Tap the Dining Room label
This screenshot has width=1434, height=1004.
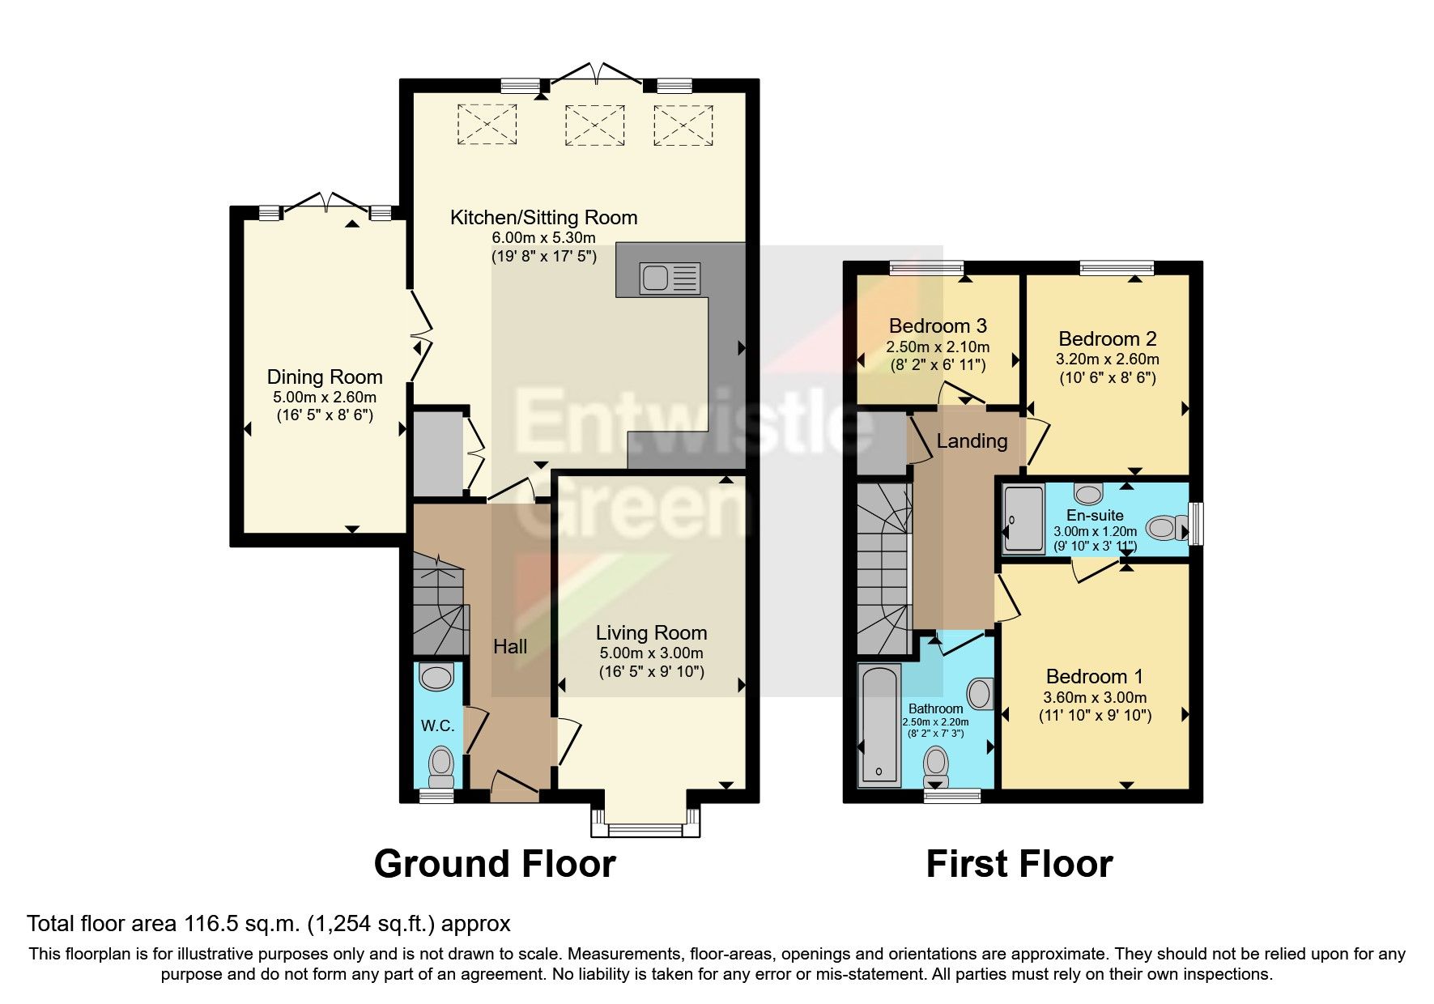[x=325, y=377]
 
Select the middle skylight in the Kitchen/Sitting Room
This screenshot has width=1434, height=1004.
[x=595, y=125]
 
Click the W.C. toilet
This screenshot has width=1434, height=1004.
[x=440, y=764]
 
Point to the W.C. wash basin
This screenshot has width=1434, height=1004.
[x=438, y=677]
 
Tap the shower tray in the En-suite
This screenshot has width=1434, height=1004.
[x=1024, y=518]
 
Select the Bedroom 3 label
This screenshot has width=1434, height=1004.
[x=938, y=326]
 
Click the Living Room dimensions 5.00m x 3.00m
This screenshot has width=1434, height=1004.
[x=651, y=653]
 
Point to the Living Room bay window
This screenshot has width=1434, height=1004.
[x=645, y=827]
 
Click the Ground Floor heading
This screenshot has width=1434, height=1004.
[x=495, y=864]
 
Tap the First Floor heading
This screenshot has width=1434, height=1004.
[x=1019, y=864]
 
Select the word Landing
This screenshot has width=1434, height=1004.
[x=972, y=441]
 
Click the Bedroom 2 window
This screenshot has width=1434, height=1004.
[x=1117, y=268]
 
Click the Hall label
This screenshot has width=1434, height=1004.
[x=510, y=646]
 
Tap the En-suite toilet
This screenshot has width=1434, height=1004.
[x=1165, y=529]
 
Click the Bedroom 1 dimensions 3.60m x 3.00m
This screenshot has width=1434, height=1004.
[x=1095, y=697]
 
